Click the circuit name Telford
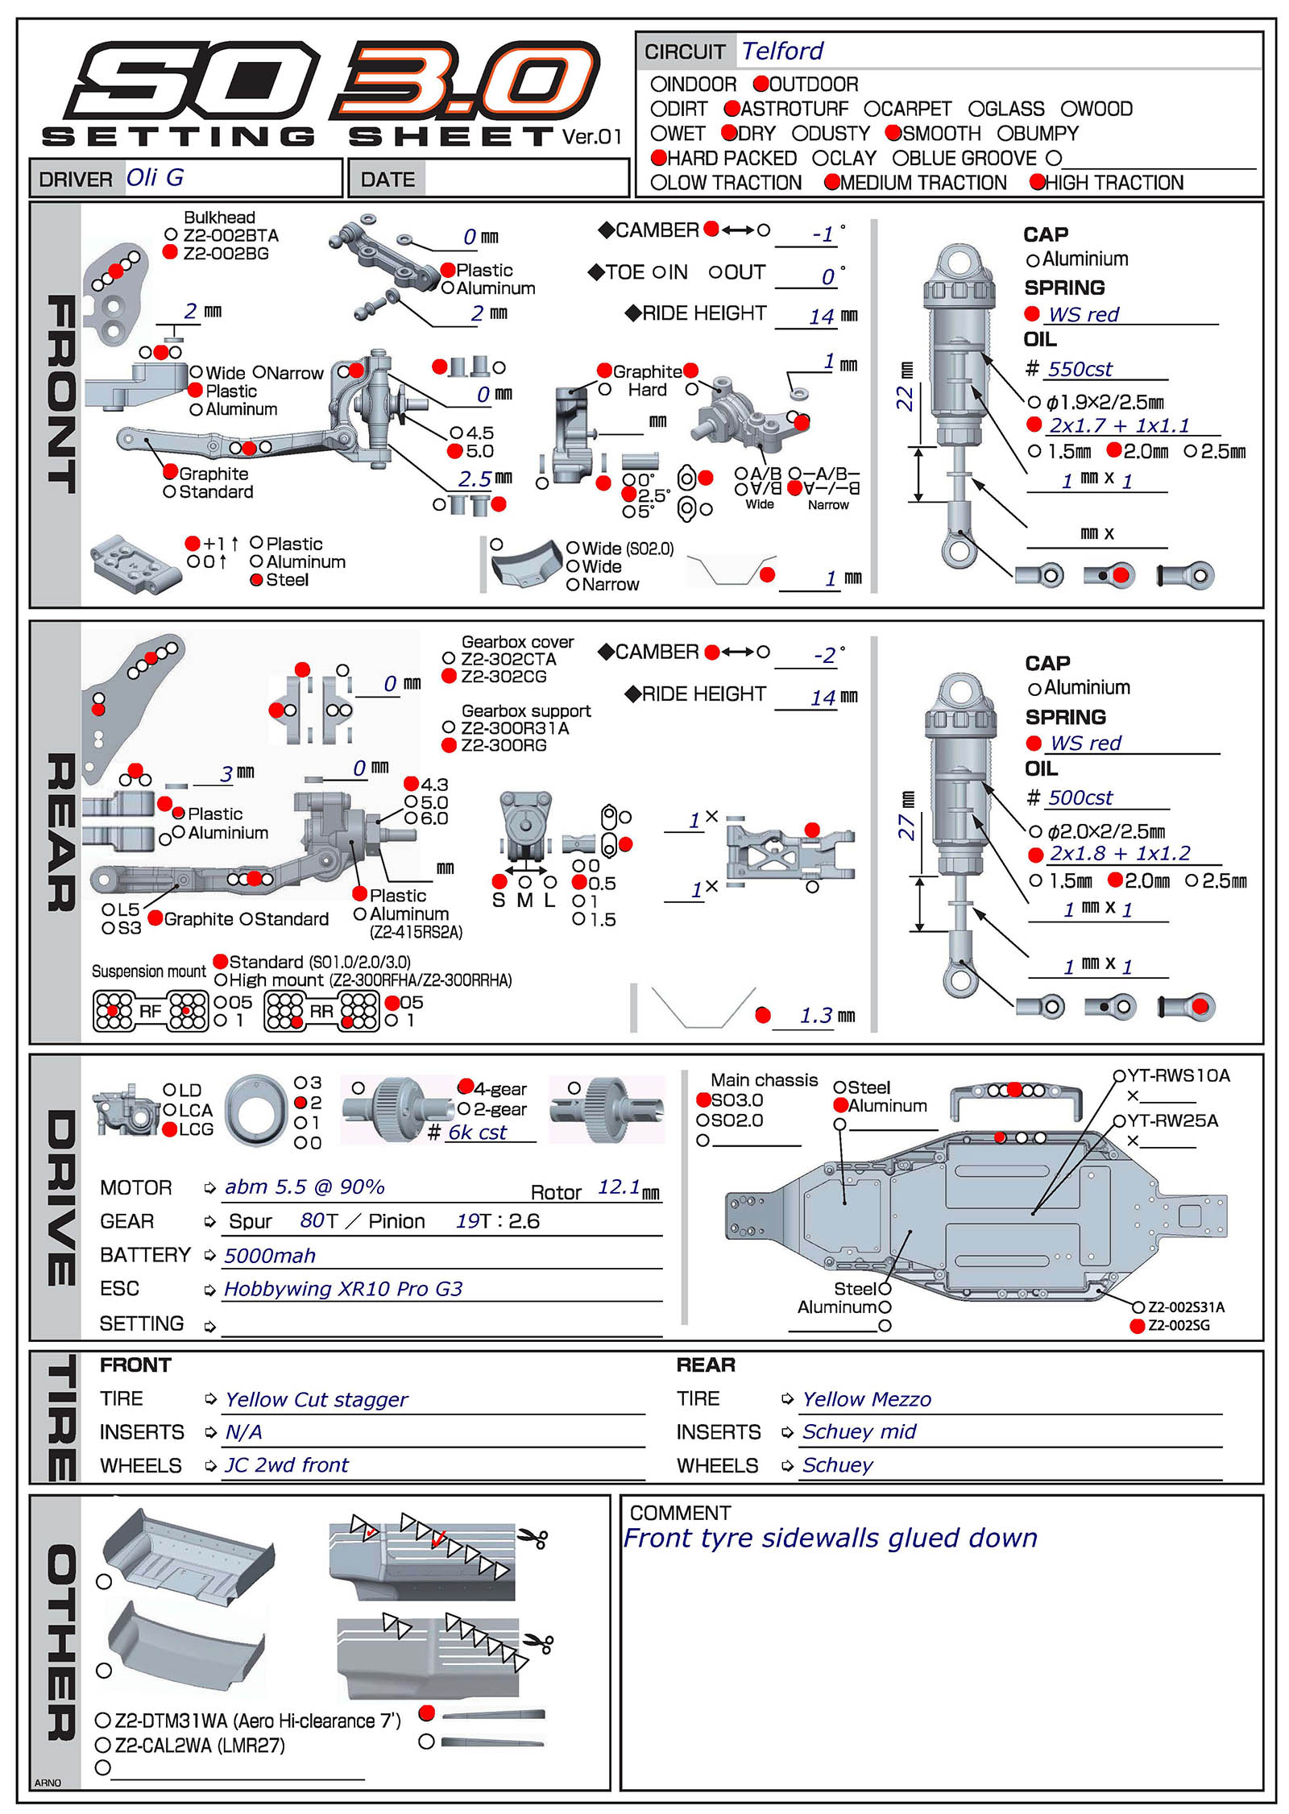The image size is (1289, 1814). point(782,52)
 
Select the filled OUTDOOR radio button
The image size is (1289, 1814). point(761,84)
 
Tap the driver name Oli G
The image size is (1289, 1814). point(155,177)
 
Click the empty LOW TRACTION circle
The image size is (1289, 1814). point(658,183)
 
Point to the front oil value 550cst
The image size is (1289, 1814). point(1080,369)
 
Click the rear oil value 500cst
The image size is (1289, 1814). point(1080,797)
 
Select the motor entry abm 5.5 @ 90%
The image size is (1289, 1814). point(305,1187)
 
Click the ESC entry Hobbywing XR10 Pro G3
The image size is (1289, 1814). point(343,1289)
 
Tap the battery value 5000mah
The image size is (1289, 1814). point(270,1256)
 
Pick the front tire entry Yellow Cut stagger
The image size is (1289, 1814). point(317,1400)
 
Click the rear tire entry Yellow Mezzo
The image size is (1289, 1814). point(867,1400)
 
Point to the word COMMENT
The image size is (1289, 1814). point(680,1513)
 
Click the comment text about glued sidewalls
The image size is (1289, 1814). point(831,1539)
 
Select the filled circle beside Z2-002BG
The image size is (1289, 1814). point(170,252)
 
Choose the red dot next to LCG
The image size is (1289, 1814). point(169,1129)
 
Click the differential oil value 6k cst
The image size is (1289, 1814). point(478,1133)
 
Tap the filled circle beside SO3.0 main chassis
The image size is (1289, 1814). point(703,1100)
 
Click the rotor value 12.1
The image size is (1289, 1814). point(618,1187)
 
